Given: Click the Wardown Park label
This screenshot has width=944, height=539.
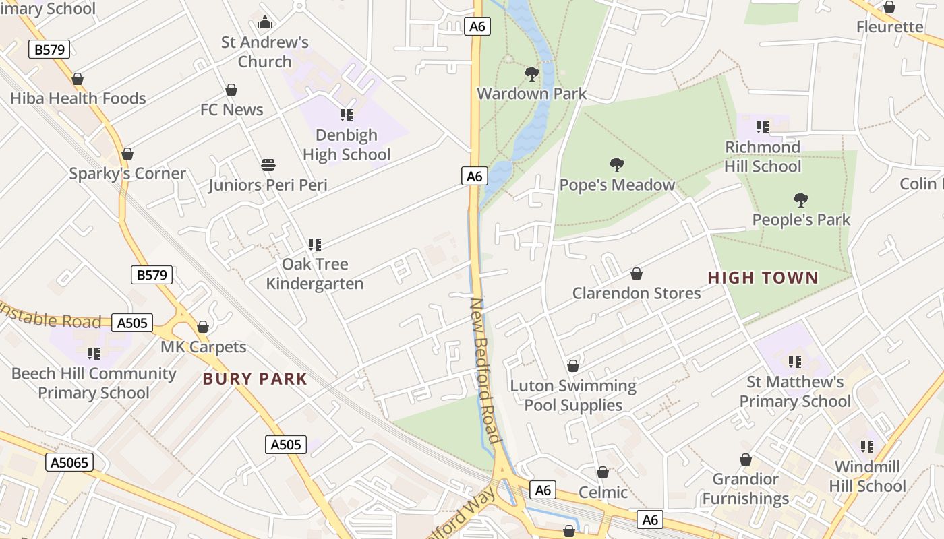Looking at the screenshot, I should pyautogui.click(x=532, y=94).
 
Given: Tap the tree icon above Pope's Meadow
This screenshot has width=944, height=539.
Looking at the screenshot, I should pyautogui.click(x=616, y=164).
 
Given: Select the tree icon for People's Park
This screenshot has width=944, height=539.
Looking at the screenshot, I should pyautogui.click(x=801, y=199).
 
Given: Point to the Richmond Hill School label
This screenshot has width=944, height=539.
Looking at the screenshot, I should pyautogui.click(x=763, y=156).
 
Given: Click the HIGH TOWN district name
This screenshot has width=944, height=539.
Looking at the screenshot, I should pyautogui.click(x=763, y=278).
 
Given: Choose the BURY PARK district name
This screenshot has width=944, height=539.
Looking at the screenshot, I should pyautogui.click(x=255, y=379).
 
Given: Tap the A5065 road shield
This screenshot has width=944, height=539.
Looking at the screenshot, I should pyautogui.click(x=69, y=462).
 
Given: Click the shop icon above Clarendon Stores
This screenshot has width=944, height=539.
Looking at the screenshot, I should pyautogui.click(x=636, y=274).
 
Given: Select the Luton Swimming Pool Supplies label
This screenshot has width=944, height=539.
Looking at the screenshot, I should pyautogui.click(x=573, y=395).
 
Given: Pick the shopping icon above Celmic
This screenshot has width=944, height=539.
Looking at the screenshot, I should pyautogui.click(x=602, y=473).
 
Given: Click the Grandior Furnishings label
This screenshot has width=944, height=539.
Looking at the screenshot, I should pyautogui.click(x=745, y=488).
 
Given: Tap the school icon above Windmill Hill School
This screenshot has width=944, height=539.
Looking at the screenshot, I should pyautogui.click(x=867, y=446).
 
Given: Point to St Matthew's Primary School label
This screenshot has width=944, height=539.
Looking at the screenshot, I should pyautogui.click(x=795, y=391).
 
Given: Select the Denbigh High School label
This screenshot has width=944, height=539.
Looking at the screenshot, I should pyautogui.click(x=347, y=145).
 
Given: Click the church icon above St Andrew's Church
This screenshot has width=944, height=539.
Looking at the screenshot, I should pyautogui.click(x=265, y=22).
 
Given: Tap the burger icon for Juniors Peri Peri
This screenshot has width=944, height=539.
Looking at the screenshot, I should pyautogui.click(x=268, y=165).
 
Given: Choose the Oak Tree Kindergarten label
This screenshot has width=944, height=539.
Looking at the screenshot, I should pyautogui.click(x=315, y=274).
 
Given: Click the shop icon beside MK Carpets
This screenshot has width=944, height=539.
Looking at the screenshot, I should pyautogui.click(x=203, y=327).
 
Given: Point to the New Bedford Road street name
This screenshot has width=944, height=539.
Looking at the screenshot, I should pyautogui.click(x=485, y=371).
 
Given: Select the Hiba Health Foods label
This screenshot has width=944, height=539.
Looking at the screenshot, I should pyautogui.click(x=78, y=98).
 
